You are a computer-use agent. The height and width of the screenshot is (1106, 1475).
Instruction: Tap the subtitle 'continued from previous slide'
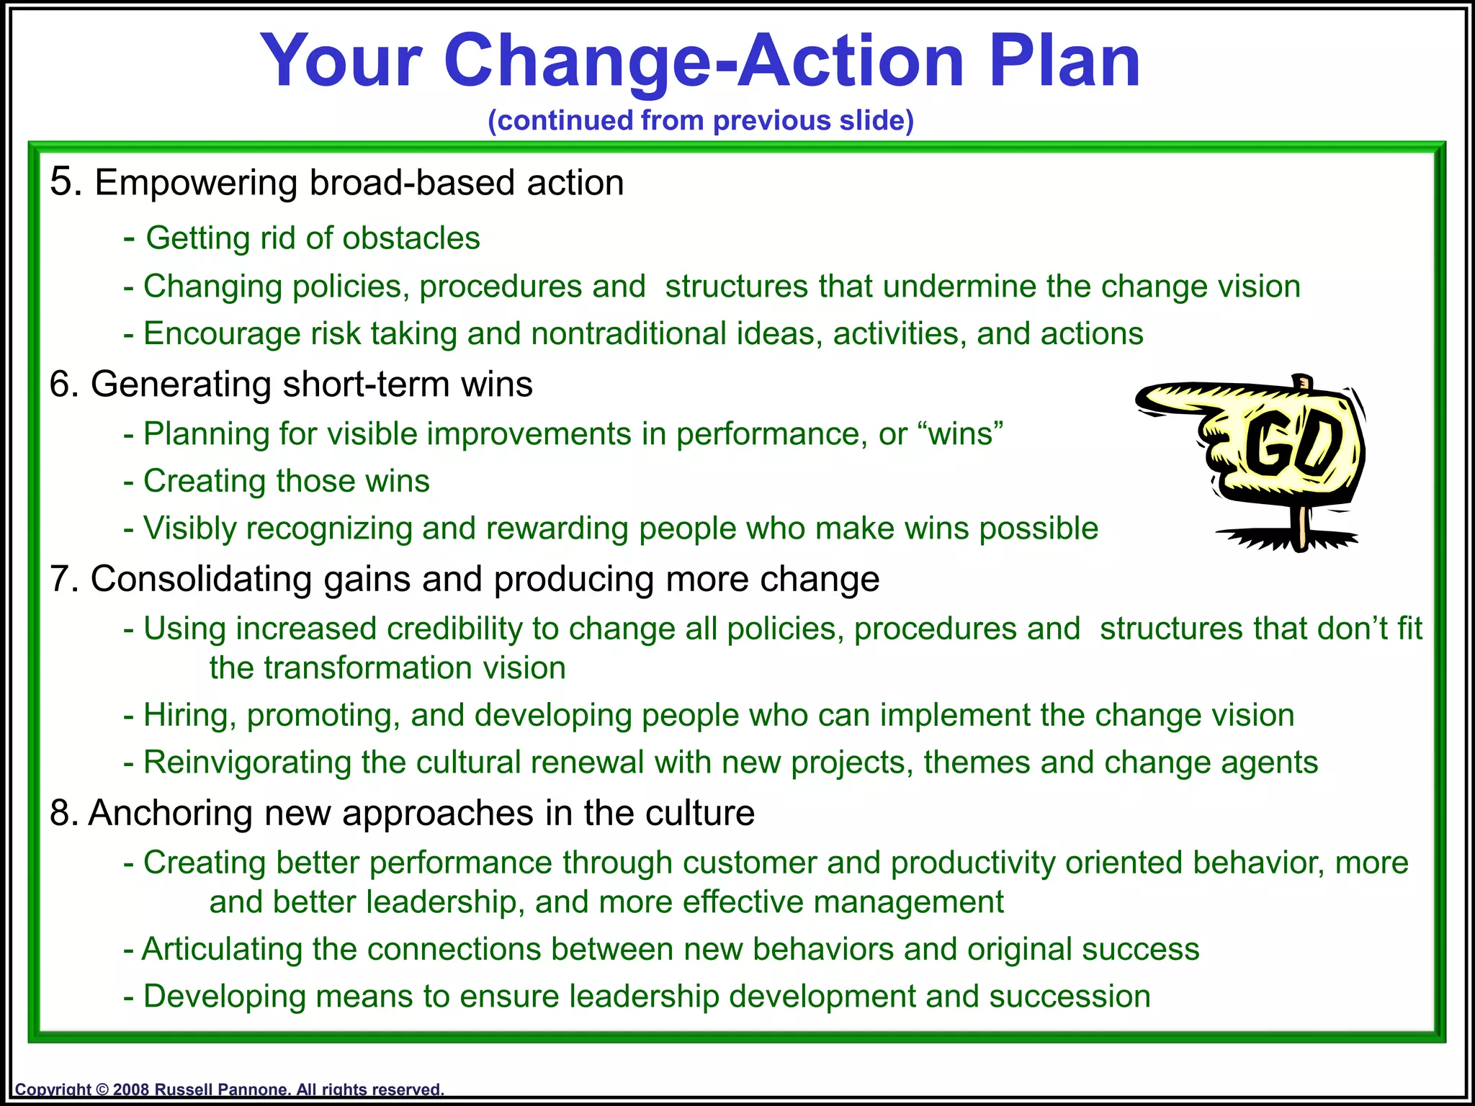[701, 120]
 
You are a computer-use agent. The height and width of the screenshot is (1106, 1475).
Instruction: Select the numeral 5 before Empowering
[61, 181]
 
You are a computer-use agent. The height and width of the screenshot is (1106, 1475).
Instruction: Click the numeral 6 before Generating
[61, 384]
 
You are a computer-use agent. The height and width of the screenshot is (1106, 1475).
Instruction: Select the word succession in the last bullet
[1069, 997]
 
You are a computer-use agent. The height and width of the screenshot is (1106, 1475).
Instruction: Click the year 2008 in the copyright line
[131, 1089]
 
